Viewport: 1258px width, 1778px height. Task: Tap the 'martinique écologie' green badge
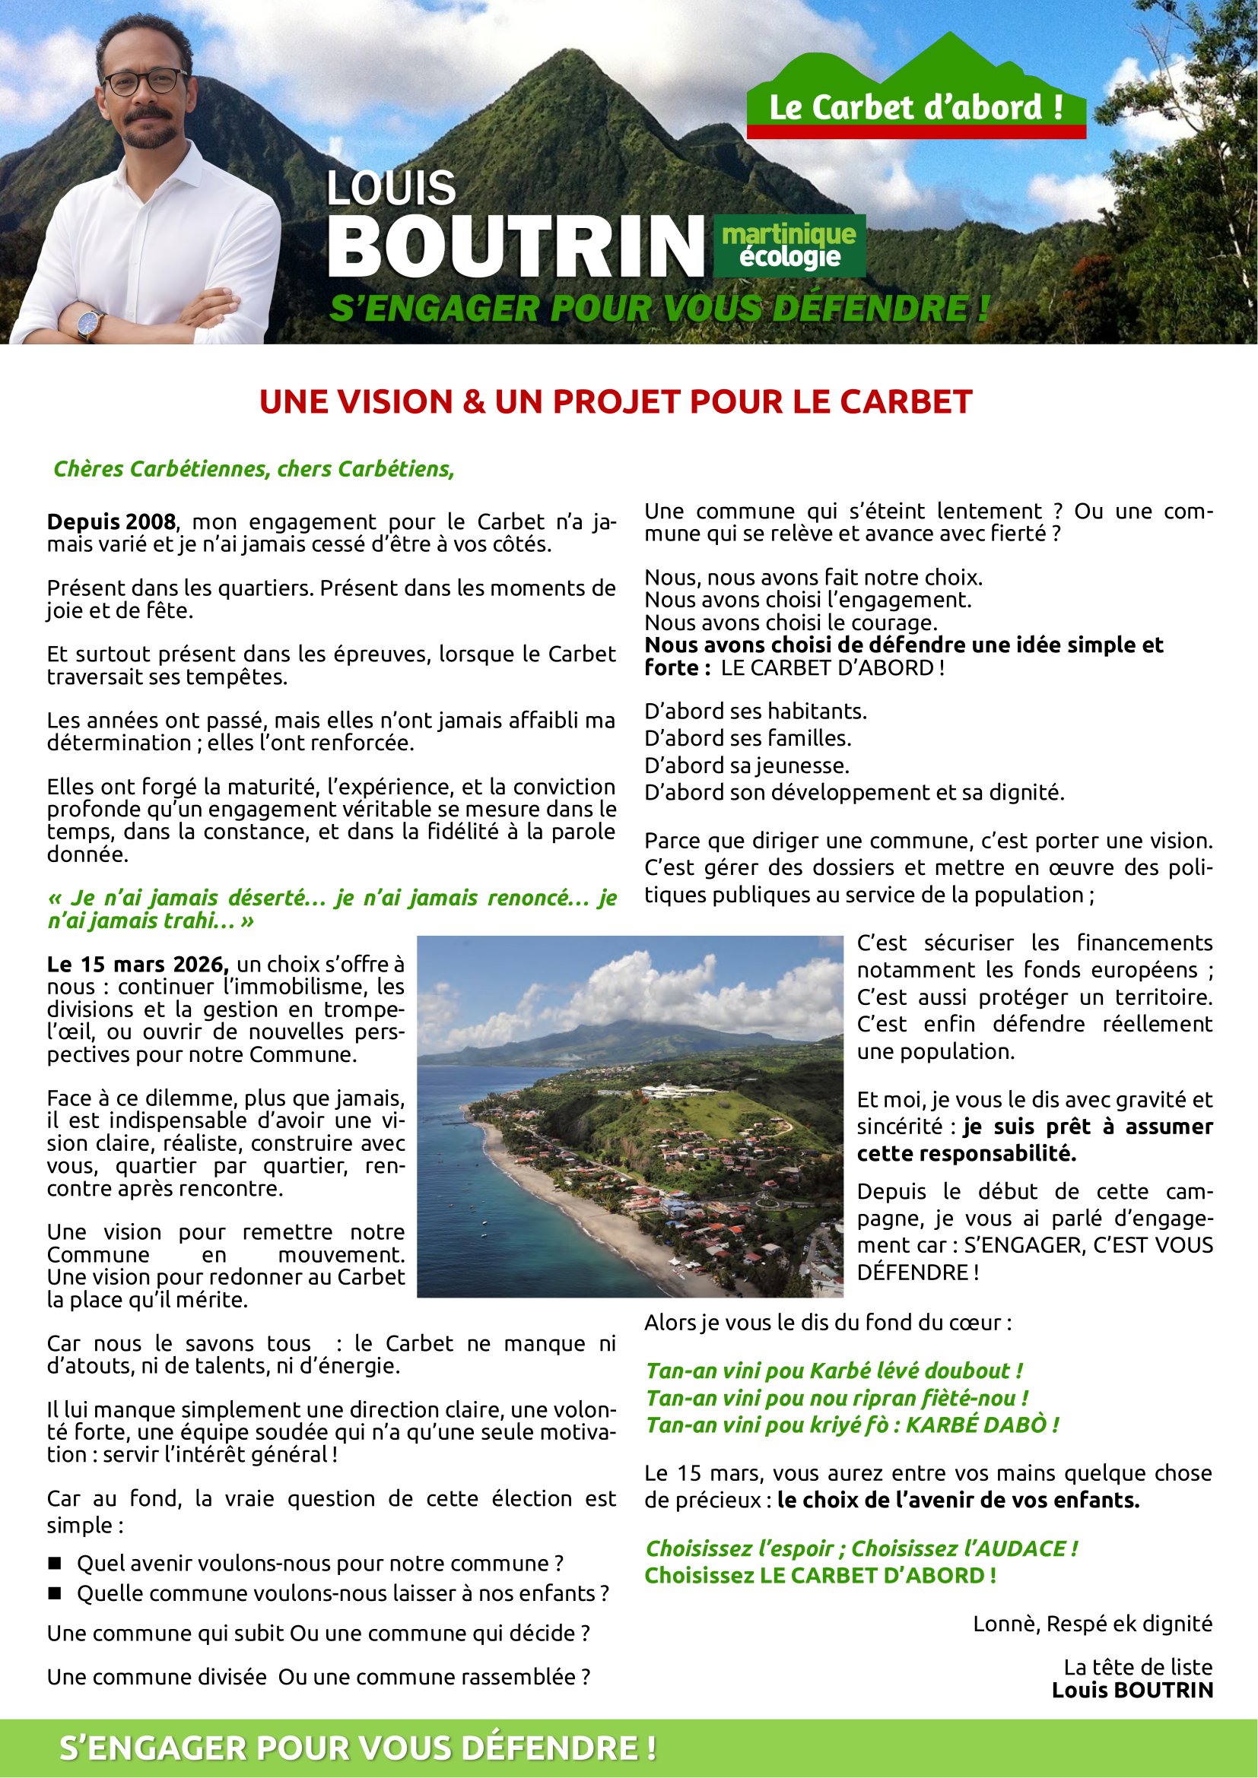(789, 246)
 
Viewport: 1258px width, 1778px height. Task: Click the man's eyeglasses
(145, 81)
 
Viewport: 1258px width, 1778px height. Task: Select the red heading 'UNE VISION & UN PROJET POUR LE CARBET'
(616, 402)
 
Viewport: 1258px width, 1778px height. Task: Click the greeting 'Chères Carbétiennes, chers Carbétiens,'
(253, 469)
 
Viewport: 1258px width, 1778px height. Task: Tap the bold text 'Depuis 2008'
(112, 522)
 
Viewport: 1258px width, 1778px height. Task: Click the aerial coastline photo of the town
(629, 1116)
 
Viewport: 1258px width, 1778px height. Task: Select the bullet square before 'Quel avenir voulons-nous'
(54, 1564)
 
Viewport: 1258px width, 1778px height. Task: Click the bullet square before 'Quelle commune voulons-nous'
(54, 1594)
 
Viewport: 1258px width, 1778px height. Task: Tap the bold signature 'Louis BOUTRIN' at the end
(1132, 1690)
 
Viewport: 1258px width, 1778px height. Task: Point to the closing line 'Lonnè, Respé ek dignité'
(1092, 1624)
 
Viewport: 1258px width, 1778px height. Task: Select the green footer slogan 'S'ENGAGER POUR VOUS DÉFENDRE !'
(358, 1748)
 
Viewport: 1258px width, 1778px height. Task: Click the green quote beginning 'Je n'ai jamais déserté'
(332, 909)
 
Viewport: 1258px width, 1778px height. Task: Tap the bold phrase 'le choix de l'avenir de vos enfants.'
(958, 1500)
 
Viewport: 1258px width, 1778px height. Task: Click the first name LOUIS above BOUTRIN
(391, 189)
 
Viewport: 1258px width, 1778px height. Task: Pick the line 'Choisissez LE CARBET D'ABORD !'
(821, 1575)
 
